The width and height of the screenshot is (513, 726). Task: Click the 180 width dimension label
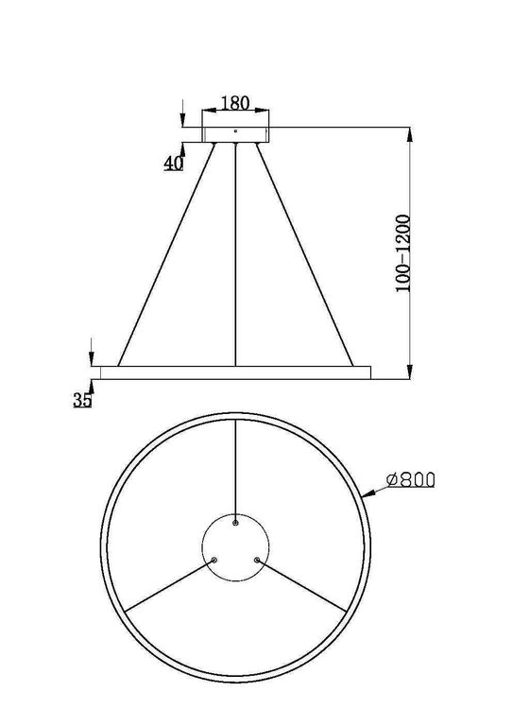click(x=234, y=102)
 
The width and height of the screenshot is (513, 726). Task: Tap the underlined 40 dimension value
click(x=172, y=163)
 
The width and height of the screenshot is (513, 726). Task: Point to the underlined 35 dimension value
click(x=81, y=400)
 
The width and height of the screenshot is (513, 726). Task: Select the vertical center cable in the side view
click(x=235, y=255)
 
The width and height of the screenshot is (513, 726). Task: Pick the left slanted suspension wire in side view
click(x=165, y=255)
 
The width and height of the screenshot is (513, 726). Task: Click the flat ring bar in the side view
click(x=235, y=370)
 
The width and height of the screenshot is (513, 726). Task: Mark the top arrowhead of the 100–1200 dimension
click(x=409, y=134)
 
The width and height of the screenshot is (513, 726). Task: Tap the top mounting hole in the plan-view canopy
click(x=235, y=521)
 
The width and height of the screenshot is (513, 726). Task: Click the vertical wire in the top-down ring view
click(x=235, y=468)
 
